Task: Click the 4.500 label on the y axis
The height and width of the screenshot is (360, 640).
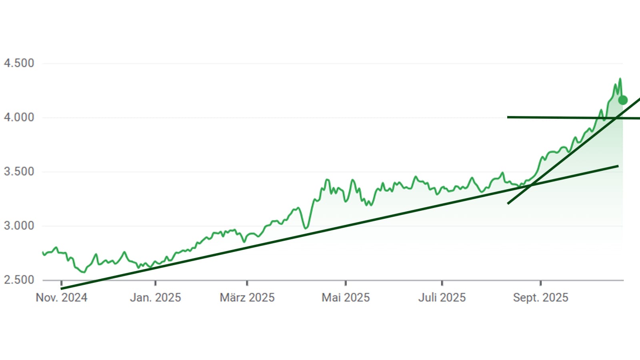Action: [19, 63]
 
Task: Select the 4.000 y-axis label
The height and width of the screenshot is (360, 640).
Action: [19, 118]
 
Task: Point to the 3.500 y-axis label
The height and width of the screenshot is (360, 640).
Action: [19, 172]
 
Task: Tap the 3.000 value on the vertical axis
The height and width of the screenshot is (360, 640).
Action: [19, 226]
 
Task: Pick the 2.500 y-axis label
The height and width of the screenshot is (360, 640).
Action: [19, 280]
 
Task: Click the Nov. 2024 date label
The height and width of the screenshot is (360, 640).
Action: [62, 298]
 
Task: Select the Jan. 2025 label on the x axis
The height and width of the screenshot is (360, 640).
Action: [155, 298]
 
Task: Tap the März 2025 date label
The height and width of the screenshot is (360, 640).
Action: [247, 298]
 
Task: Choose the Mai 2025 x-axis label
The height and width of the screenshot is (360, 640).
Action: [346, 298]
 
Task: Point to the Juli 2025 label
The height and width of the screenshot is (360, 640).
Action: [442, 298]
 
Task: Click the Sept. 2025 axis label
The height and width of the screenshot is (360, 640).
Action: [541, 298]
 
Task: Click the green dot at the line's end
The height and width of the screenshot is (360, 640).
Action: [623, 100]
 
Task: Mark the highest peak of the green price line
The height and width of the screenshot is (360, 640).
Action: [620, 79]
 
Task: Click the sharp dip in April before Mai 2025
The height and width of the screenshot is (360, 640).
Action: [306, 228]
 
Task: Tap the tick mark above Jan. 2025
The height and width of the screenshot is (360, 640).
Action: [155, 283]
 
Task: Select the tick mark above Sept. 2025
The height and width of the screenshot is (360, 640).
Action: [541, 283]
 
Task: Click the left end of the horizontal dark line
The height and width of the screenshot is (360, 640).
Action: [508, 117]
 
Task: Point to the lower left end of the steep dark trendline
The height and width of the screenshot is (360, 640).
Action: [508, 204]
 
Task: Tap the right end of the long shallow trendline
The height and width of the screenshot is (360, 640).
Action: [618, 166]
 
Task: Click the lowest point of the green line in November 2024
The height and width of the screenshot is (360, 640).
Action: [84, 272]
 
